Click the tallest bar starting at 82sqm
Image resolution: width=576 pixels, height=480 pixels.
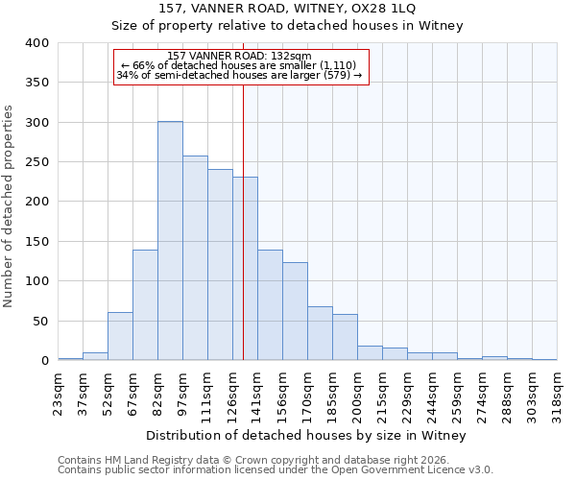170,240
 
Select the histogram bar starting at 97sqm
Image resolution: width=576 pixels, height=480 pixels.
195,257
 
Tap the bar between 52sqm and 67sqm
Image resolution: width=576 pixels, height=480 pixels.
120,336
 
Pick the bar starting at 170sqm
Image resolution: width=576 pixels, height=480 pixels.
320,333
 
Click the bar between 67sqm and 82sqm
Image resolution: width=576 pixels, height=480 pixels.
145,304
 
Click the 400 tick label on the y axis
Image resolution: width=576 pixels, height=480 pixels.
37,43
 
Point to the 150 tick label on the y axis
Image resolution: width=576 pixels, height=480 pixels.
37,242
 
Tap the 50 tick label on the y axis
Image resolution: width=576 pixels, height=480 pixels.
41,322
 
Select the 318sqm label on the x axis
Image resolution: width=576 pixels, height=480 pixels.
558,390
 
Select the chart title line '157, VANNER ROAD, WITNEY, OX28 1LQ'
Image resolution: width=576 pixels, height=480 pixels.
287,9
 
